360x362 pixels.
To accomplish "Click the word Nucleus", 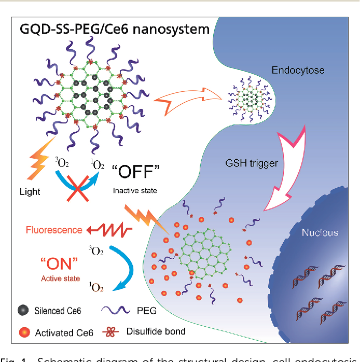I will (x=320, y=233).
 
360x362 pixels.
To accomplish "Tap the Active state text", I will (x=60, y=279).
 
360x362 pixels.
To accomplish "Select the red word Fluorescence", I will (x=55, y=230).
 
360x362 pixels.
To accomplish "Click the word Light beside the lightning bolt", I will (x=29, y=192).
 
